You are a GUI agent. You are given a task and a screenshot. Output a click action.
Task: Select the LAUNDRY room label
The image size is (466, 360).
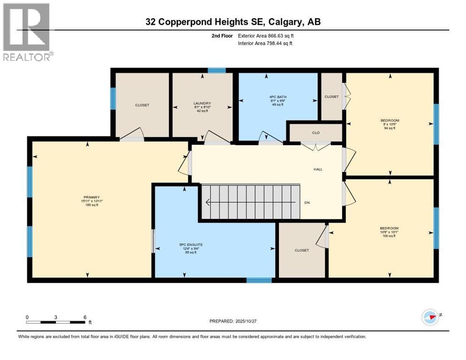pyautogui.click(x=202, y=104)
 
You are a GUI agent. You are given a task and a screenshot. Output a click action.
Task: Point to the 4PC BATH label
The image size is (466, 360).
pyautogui.click(x=278, y=97)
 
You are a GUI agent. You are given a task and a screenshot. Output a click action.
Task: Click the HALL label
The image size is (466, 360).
pyautogui.click(x=318, y=169)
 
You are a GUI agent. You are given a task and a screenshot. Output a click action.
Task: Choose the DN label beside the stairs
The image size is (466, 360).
pyautogui.click(x=308, y=202)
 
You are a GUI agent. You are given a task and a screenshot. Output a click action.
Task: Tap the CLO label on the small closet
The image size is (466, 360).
pyautogui.click(x=316, y=133)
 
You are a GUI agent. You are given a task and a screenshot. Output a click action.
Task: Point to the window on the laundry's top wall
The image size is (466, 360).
pyautogui.click(x=217, y=71)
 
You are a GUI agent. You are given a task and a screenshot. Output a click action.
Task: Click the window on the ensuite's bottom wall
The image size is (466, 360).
pyautogui.click(x=259, y=280)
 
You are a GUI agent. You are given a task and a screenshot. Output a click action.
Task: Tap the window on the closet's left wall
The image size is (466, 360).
pyautogui.click(x=113, y=98)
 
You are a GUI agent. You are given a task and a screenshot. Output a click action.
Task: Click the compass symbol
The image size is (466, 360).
pyautogui.click(x=430, y=317)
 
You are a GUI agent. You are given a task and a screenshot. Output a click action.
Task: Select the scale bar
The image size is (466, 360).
pyautogui.click(x=56, y=322)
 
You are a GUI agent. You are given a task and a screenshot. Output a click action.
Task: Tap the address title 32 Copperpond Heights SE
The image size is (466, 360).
pyautogui.click(x=233, y=22)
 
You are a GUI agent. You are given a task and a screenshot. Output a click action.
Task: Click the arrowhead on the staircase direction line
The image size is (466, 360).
pyautogui.click(x=207, y=202)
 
